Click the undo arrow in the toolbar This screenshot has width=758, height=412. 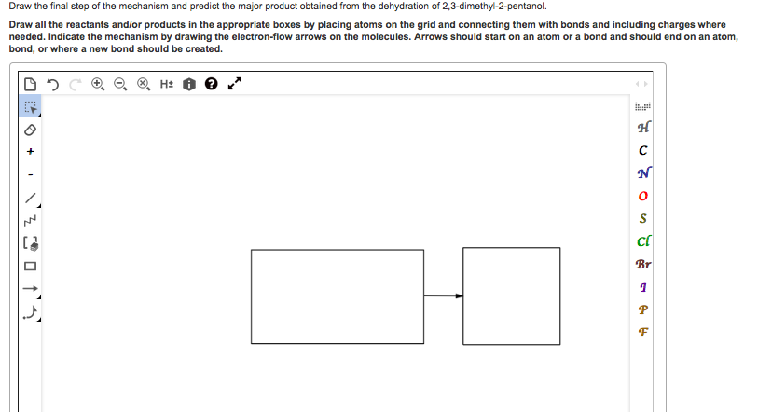[x=51, y=84]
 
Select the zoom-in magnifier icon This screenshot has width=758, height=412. [x=97, y=84]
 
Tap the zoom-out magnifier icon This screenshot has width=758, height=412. [x=119, y=84]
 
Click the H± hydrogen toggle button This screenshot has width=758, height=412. [x=166, y=84]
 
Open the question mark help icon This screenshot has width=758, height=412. [x=210, y=84]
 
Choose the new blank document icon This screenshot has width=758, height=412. [x=30, y=84]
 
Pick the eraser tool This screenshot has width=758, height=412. [x=30, y=129]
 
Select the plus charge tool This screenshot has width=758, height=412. [x=30, y=151]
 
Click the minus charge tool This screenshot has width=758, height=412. [x=30, y=174]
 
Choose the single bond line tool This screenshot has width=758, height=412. [x=31, y=198]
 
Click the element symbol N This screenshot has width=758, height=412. [x=642, y=173]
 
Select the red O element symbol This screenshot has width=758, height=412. [x=642, y=197]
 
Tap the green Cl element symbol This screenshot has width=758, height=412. [x=642, y=241]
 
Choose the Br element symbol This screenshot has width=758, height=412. [x=642, y=264]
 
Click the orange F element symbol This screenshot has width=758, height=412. [x=642, y=332]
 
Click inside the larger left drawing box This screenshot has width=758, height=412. [x=338, y=295]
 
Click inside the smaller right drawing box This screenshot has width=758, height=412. [x=499, y=295]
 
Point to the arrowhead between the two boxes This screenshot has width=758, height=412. [x=459, y=296]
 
